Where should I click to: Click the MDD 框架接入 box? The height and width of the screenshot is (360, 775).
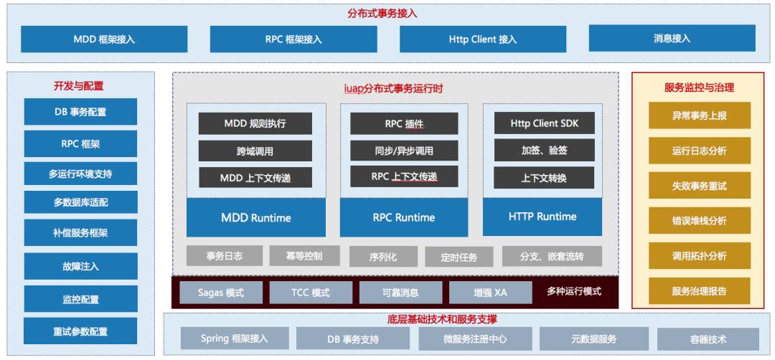(x=104, y=39)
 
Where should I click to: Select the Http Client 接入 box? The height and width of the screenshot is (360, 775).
(x=483, y=39)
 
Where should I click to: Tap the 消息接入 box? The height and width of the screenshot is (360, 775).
(x=672, y=38)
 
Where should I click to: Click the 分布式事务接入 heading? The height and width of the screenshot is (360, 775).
(x=382, y=14)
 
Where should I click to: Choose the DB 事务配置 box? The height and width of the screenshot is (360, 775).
(x=80, y=112)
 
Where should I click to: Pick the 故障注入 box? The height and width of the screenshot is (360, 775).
(x=80, y=266)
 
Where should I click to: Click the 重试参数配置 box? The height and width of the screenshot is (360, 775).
(x=80, y=331)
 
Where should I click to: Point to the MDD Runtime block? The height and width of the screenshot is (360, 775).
(x=256, y=217)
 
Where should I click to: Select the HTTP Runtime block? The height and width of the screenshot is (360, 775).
(x=542, y=217)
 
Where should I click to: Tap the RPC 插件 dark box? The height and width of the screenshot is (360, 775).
(x=404, y=123)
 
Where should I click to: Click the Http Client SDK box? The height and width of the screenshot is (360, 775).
(x=544, y=123)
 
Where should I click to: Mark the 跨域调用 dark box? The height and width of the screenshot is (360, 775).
(x=255, y=151)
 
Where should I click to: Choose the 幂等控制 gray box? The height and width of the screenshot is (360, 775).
(x=304, y=256)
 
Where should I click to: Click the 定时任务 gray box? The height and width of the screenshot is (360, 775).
(x=459, y=257)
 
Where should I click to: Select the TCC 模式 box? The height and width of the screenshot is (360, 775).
(x=311, y=293)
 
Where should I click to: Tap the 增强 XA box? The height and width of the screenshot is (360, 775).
(x=490, y=293)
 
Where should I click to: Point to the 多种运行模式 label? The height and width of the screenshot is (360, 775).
(x=574, y=291)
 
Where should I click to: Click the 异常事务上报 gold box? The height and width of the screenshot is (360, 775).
(x=700, y=115)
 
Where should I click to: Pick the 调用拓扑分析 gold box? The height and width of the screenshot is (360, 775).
(x=700, y=256)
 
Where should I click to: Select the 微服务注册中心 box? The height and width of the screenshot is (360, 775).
(x=476, y=338)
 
